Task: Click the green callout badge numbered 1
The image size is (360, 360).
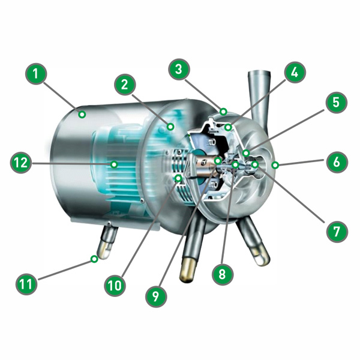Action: (36, 74)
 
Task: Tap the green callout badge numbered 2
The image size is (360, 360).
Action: (125, 85)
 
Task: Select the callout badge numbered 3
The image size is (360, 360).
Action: (179, 69)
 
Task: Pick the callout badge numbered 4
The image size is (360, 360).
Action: (295, 73)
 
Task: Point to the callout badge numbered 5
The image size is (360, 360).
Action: (336, 102)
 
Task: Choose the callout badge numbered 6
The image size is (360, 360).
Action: (337, 162)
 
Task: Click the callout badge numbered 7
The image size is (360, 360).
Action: (337, 231)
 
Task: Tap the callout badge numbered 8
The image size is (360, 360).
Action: (222, 274)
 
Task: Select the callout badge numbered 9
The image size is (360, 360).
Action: (156, 296)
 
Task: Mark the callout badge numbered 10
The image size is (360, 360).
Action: (115, 286)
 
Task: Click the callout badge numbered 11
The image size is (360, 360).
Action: (26, 284)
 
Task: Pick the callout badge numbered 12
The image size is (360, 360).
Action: (21, 163)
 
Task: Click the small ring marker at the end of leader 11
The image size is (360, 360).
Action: (94, 259)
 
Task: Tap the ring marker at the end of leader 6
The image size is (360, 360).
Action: (275, 164)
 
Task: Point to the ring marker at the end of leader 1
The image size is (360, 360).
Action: (82, 114)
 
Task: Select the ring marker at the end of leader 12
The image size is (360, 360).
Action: (114, 164)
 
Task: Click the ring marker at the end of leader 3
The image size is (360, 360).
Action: (223, 112)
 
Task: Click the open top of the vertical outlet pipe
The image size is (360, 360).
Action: (259, 73)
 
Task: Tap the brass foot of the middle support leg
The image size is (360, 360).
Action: (187, 270)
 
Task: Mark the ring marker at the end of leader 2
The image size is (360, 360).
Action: (170, 126)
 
